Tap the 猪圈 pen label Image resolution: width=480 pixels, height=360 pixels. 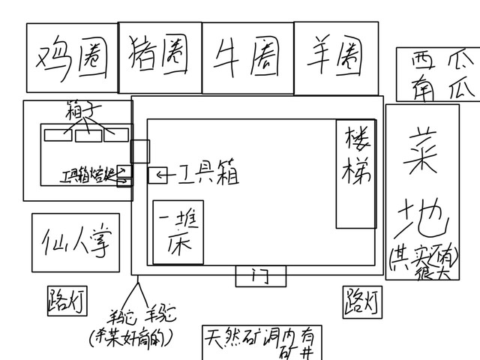(x=159, y=54)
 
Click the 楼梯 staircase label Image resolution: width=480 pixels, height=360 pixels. (x=356, y=160)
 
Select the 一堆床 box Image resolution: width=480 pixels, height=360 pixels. (x=178, y=232)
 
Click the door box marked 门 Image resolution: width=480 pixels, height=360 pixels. (x=260, y=276)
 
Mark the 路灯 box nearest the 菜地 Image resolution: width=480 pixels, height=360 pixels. (x=361, y=301)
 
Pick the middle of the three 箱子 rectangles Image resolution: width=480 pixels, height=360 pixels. (x=88, y=135)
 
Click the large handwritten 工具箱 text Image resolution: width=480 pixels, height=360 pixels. (x=208, y=175)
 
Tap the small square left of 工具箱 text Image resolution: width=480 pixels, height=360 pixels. (x=157, y=175)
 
